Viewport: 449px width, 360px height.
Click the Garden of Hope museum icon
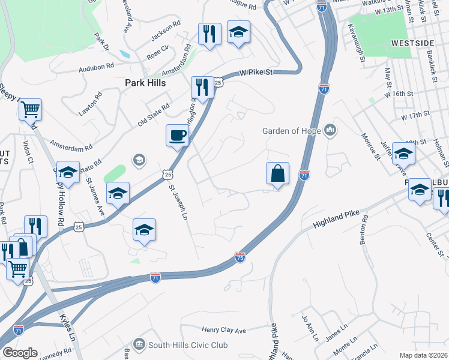point(330,130)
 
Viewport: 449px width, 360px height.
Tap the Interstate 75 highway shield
point(240,256)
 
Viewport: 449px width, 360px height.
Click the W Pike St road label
point(256,72)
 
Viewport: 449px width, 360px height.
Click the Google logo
point(19,353)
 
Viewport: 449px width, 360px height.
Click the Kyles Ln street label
point(67,326)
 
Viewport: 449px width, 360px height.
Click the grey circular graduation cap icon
point(139,160)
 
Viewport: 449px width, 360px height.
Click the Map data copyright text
point(423,355)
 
